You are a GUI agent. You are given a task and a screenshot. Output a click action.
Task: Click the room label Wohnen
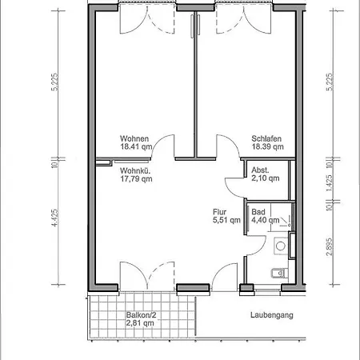point(134,138)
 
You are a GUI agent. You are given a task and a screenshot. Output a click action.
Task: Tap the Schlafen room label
point(266,138)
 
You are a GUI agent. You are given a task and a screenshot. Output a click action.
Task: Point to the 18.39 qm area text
point(266,148)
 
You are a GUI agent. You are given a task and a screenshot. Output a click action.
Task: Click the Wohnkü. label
point(135,170)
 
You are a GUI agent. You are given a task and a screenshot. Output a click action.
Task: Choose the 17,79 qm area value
point(136,179)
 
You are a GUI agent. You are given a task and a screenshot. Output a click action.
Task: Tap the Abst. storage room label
point(260,170)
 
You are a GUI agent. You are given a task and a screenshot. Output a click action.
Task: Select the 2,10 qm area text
point(266,179)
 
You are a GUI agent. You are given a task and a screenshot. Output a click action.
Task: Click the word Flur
point(218,213)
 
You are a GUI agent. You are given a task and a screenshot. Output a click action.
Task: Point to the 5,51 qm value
point(226,222)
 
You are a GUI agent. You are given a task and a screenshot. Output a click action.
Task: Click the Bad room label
point(257,213)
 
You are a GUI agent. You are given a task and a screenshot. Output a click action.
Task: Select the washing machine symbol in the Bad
point(281,245)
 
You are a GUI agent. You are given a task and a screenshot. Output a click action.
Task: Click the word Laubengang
point(271,315)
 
